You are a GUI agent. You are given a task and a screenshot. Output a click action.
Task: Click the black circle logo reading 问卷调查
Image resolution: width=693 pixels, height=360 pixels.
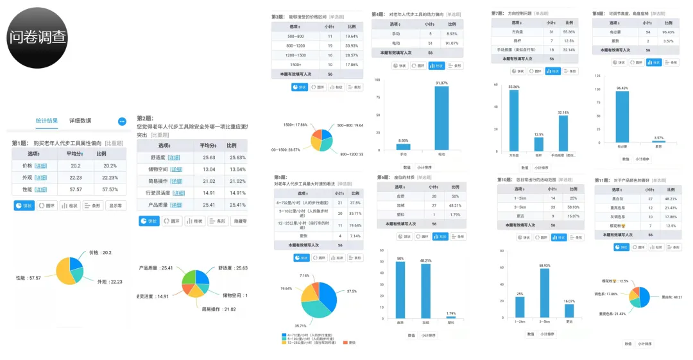(37, 37)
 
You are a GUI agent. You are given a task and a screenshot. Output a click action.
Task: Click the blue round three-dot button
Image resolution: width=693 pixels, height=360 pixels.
(122, 121)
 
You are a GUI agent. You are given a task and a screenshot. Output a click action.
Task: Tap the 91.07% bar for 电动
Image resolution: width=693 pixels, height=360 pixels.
(441, 119)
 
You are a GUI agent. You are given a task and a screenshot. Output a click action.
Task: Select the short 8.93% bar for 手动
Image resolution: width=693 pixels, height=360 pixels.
(403, 148)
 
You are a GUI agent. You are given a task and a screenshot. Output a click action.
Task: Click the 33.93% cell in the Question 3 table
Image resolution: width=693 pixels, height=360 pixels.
(352, 46)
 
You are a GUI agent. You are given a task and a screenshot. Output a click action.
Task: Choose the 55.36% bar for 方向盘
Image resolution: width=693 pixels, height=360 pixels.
(514, 120)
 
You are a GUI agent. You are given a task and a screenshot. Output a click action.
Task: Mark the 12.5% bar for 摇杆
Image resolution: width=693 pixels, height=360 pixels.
(539, 144)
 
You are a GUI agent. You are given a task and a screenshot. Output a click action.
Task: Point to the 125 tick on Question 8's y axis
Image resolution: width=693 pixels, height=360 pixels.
(597, 76)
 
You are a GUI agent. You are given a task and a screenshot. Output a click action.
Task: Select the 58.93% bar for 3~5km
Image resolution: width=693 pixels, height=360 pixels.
(545, 293)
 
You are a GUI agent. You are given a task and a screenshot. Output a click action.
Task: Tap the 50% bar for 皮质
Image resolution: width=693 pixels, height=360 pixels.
(400, 289)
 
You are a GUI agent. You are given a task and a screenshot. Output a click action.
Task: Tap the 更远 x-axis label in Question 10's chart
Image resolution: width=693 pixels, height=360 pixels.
(569, 322)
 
